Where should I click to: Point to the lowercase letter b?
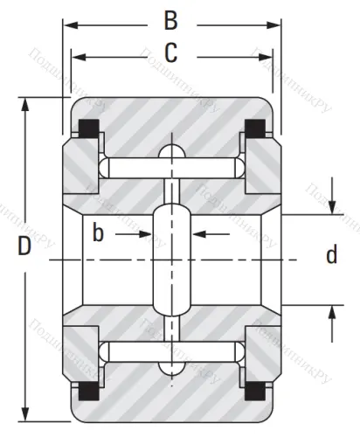99,233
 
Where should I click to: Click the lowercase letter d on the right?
331,255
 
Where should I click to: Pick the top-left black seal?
87,128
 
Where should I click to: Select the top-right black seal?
254,128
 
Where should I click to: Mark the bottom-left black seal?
87,393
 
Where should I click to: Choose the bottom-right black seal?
254,393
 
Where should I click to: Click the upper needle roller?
171,168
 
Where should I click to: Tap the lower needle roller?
171,352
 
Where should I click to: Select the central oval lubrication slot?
171,260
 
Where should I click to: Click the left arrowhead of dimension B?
67,24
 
